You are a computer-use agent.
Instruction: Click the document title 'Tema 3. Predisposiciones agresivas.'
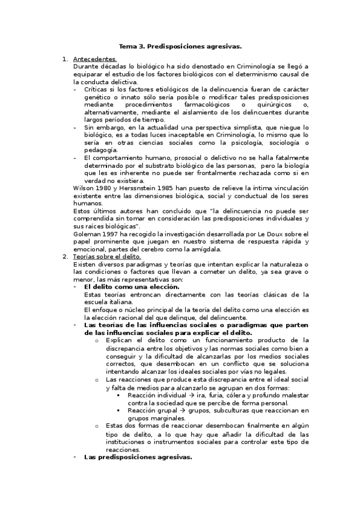tap(180, 46)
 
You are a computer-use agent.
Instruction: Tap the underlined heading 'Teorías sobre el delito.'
tap(107, 257)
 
